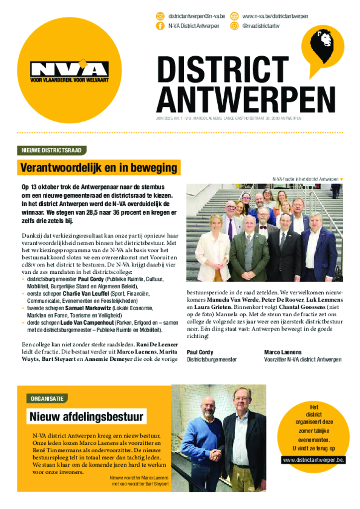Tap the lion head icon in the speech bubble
point(322,43)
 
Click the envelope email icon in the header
point(161,16)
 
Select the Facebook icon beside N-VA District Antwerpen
point(161,26)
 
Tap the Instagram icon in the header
point(234,26)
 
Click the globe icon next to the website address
point(234,16)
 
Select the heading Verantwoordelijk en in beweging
point(98,168)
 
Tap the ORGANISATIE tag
point(47,398)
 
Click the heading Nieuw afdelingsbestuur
point(86,417)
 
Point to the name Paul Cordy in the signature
point(200,352)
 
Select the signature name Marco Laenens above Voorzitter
point(283,352)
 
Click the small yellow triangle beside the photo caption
point(342,179)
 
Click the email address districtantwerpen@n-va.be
point(197,16)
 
